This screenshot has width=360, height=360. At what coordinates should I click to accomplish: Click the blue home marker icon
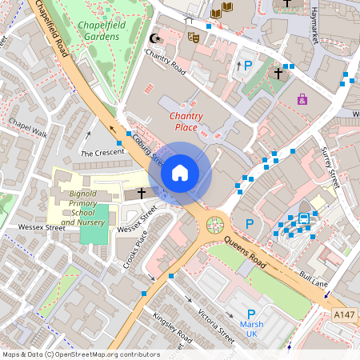coord(180,172)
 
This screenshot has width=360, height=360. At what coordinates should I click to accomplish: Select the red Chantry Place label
coord(186,122)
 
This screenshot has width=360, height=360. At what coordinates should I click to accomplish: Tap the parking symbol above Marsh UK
coord(251,314)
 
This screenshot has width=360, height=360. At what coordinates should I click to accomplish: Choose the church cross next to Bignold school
coord(142,193)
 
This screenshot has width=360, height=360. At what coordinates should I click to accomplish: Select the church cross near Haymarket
coord(278,73)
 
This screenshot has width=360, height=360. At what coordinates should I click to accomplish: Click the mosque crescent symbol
coord(155,38)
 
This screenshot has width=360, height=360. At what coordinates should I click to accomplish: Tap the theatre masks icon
coord(193,36)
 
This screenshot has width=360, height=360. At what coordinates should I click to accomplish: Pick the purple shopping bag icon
coord(302,99)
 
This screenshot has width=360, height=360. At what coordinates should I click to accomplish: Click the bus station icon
coord(304,218)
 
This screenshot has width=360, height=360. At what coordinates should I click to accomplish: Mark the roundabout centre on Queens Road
coord(214,225)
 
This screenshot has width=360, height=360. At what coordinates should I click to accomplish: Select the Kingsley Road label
coord(169,325)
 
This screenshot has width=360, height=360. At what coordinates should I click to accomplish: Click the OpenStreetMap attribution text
coord(81,354)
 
